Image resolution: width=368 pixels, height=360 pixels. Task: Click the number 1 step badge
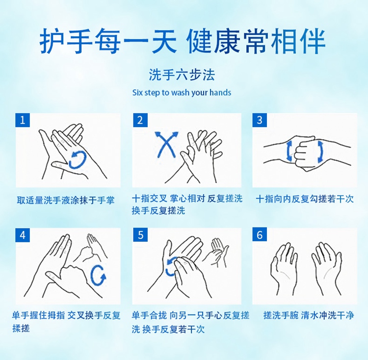[23, 120]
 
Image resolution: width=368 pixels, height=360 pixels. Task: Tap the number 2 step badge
[140, 120]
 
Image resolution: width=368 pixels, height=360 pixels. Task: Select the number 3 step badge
[260, 120]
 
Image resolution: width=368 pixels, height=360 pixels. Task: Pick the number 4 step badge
[23, 235]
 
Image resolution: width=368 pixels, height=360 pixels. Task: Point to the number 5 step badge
[140, 235]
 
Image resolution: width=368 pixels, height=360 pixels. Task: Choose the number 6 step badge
[260, 235]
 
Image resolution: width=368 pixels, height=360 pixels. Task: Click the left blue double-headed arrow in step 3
[289, 151]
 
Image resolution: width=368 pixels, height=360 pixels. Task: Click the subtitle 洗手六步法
[182, 75]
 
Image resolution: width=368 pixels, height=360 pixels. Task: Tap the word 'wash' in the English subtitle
[180, 92]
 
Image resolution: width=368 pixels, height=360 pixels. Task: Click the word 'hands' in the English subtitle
[220, 92]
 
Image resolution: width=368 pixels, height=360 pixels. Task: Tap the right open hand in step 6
[327, 270]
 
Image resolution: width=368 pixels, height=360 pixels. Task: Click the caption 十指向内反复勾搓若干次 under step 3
[305, 199]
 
